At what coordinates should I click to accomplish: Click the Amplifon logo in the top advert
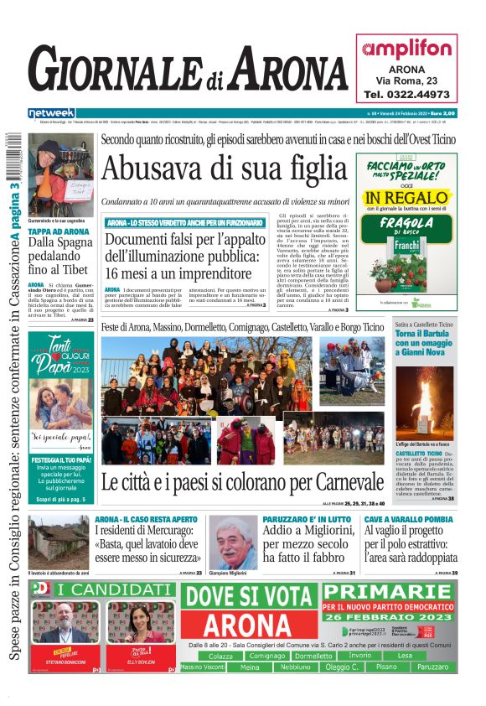coord(406,49)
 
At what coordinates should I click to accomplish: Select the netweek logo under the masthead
coord(52,112)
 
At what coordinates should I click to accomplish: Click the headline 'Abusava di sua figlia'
coord(225,169)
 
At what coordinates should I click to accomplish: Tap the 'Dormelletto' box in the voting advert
coord(313,656)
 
